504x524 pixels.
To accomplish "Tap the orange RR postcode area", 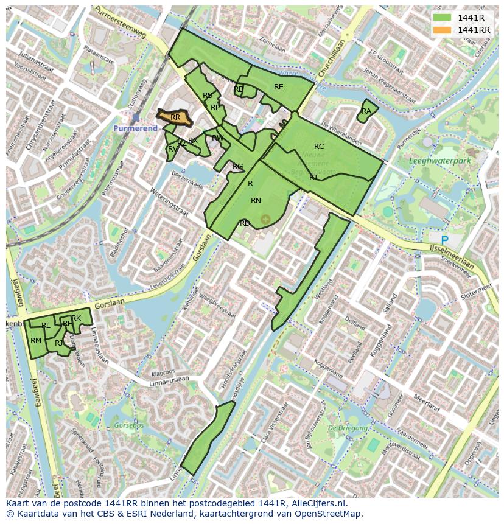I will point(175,117).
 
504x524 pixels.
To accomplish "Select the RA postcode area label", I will point(366,111).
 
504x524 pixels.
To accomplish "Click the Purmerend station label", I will point(135,128).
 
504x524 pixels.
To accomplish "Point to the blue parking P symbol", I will point(444,240).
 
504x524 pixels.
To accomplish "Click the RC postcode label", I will point(319,147).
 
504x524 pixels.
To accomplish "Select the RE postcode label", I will point(279,87).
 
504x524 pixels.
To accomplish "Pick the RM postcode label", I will point(36,341).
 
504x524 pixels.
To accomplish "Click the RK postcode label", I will point(76,318).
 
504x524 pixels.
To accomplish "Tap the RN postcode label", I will point(256,201).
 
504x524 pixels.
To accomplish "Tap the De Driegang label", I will point(348,428).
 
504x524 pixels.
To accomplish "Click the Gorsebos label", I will point(128,425).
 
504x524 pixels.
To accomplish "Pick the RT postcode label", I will point(313,178).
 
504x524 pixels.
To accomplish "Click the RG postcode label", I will point(237,167).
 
